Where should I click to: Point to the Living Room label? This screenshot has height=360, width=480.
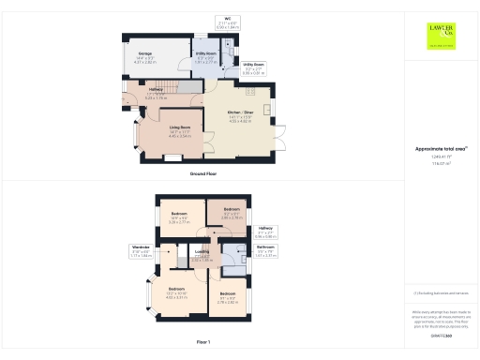point(180,132)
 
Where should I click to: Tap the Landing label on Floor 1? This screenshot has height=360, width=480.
point(201,252)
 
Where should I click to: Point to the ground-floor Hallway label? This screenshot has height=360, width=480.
point(156,93)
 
